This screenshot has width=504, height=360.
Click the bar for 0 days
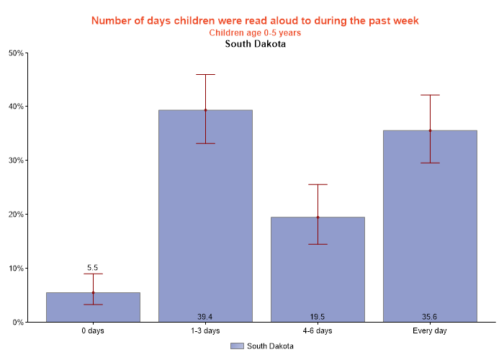tap(93, 307)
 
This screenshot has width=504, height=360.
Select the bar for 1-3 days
tap(205, 216)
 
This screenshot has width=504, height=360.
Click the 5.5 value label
tap(93, 267)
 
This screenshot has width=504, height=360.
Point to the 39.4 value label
tap(205, 317)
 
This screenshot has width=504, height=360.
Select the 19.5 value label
tap(318, 317)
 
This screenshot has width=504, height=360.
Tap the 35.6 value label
tap(430, 317)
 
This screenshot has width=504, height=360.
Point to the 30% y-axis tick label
tap(16, 161)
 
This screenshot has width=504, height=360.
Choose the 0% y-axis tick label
tap(18, 323)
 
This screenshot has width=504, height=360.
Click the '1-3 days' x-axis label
tap(205, 331)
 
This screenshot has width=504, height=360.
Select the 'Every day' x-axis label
tap(430, 331)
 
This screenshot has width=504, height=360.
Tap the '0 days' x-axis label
tap(93, 331)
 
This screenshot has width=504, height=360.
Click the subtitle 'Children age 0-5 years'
tap(255, 32)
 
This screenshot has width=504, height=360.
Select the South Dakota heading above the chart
tap(255, 44)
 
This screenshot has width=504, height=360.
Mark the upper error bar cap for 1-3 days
tap(205, 74)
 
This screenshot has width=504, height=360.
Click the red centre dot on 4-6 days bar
tap(318, 217)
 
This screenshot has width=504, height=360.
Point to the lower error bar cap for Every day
tap(430, 163)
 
